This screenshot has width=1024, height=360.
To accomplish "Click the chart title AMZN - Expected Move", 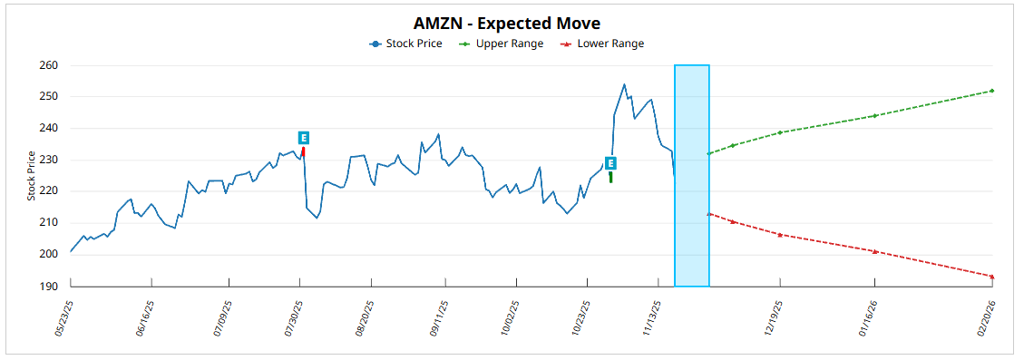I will click(507, 23).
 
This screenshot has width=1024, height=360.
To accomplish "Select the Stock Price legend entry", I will click(405, 44).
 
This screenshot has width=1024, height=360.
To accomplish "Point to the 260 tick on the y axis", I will click(49, 65).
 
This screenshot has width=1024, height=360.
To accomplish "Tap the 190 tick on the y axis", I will click(49, 286).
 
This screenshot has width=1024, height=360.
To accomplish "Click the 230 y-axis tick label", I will click(49, 160).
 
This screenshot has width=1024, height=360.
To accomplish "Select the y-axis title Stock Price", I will click(31, 176).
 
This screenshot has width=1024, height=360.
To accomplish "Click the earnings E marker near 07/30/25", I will click(304, 138).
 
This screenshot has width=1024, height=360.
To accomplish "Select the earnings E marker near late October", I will click(610, 163).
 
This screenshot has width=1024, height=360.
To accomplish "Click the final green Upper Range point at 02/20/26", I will click(992, 91).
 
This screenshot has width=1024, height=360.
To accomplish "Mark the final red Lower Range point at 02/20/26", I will click(992, 277).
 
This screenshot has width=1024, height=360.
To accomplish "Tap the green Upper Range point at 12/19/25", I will click(780, 132).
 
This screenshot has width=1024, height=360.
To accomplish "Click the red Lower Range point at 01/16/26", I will click(874, 251).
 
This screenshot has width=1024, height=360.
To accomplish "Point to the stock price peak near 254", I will click(624, 84).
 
